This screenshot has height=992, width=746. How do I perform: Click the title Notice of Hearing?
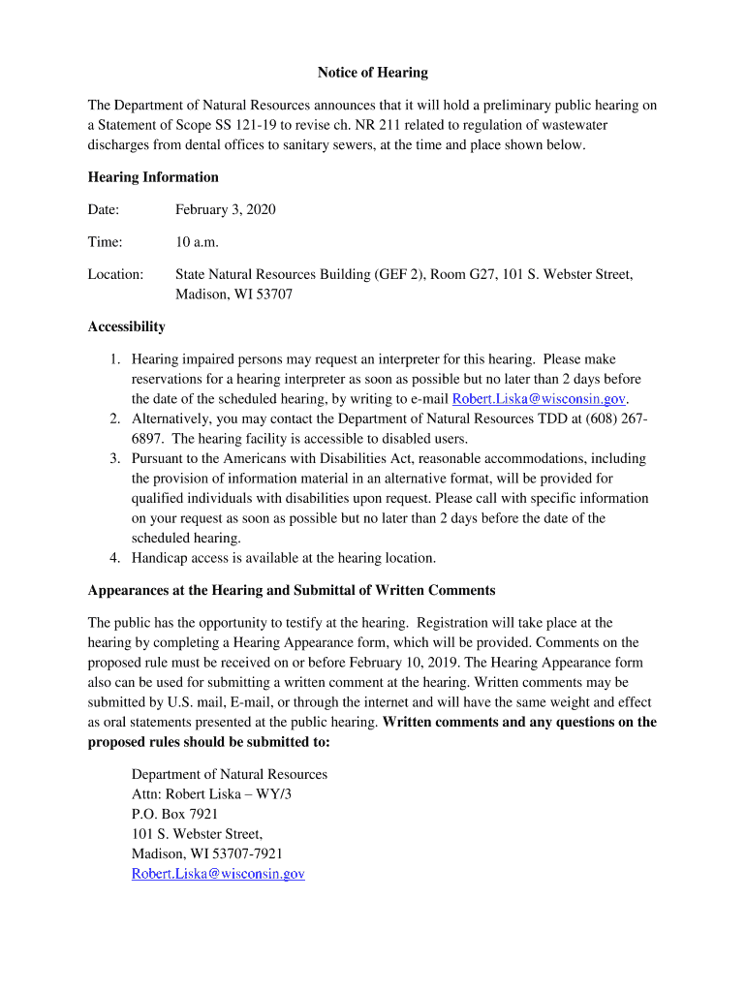tap(373, 73)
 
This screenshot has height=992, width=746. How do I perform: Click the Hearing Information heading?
tap(153, 177)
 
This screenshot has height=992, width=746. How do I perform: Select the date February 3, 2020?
tap(226, 209)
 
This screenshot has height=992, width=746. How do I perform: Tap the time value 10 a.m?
tap(198, 242)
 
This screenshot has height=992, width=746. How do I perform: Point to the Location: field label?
tap(115, 275)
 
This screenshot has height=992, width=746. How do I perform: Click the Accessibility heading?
tap(126, 326)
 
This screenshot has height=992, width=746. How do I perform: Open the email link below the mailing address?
tap(218, 874)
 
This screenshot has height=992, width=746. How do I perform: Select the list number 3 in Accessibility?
tap(114, 458)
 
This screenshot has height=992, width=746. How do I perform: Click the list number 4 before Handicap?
tap(114, 558)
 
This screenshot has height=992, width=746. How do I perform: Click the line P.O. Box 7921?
tap(174, 814)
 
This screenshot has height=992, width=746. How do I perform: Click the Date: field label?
tap(104, 209)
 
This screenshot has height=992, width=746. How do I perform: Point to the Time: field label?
tap(105, 242)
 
